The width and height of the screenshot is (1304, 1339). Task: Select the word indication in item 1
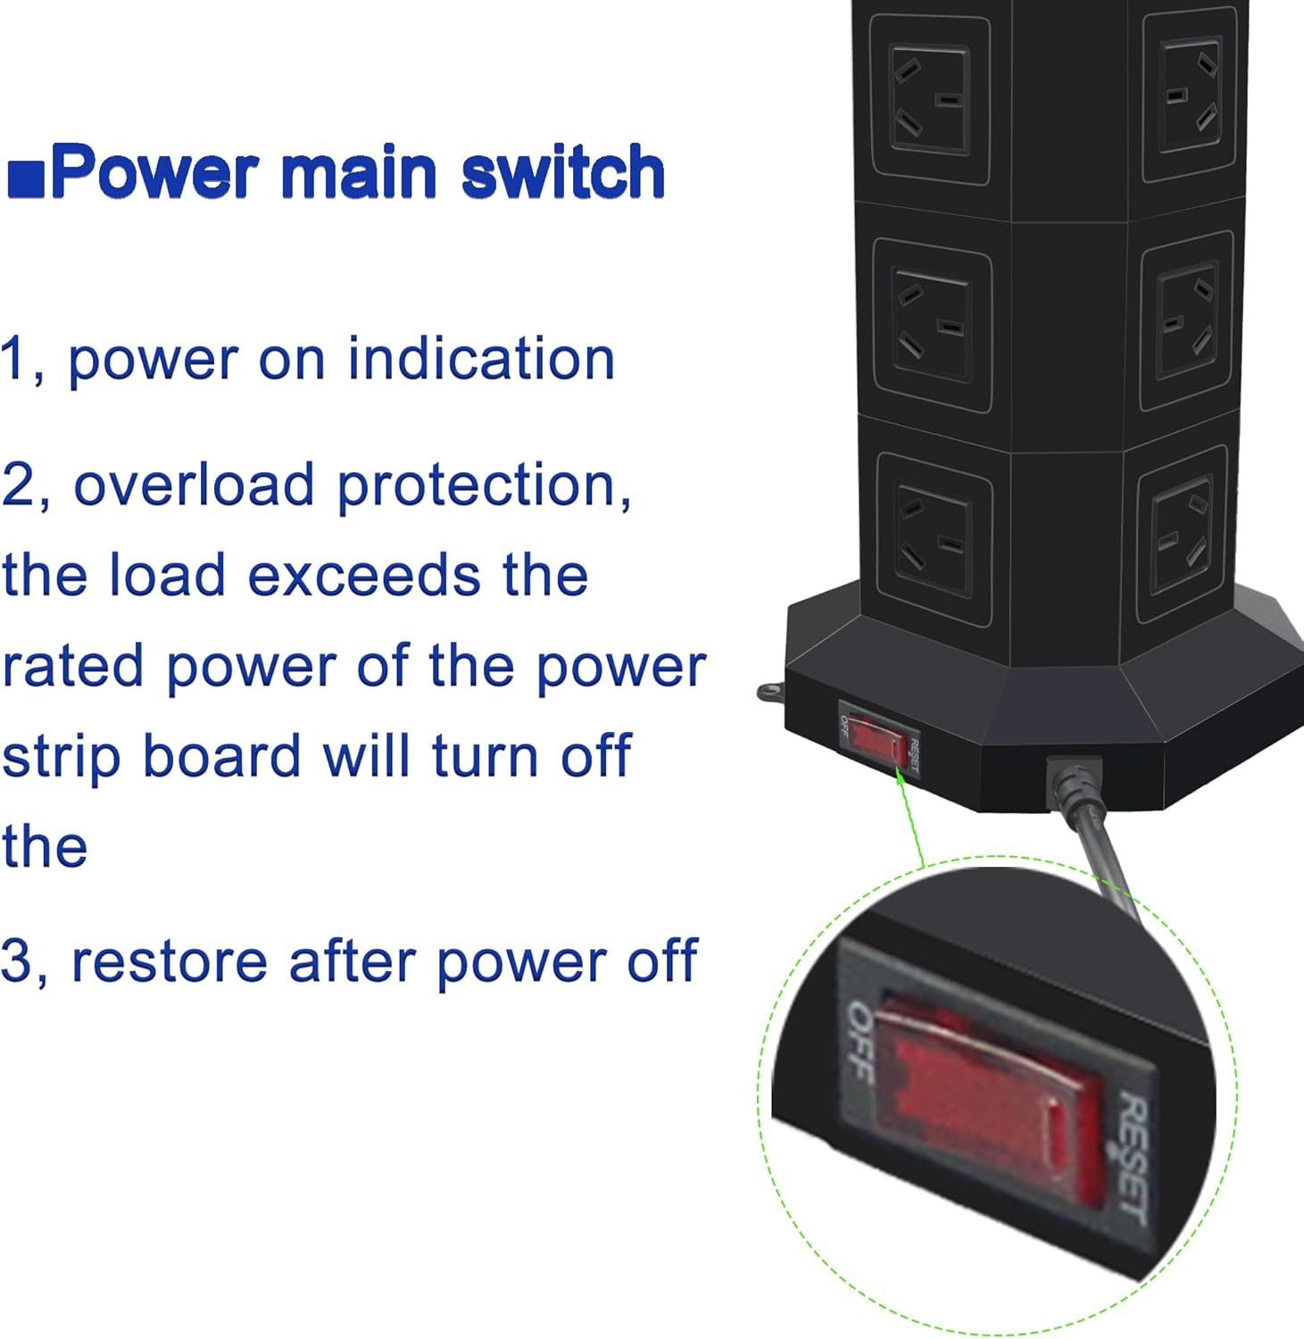pyautogui.click(x=481, y=359)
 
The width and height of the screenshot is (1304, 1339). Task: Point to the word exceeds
pyautogui.click(x=362, y=575)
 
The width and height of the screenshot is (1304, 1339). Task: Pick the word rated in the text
pyautogui.click(x=72, y=666)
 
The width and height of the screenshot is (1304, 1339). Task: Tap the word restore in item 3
pyautogui.click(x=169, y=961)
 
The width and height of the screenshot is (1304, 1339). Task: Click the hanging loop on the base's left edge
pyautogui.click(x=769, y=691)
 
